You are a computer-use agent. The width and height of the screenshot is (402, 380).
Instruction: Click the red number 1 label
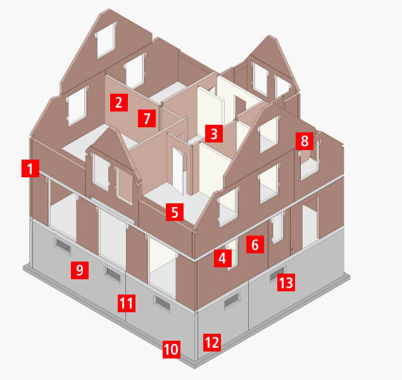point(30,168)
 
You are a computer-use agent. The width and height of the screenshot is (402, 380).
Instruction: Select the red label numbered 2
point(119,103)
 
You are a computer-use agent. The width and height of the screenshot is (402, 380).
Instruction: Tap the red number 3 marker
point(214,134)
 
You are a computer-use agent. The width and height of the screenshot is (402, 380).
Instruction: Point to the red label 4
point(223,258)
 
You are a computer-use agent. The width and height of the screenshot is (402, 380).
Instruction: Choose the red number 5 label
point(175,212)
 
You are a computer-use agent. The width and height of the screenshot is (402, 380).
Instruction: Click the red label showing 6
point(255,244)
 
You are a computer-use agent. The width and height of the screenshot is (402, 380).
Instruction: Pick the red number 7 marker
point(147,118)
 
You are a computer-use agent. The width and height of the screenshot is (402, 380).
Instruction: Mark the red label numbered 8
point(305,141)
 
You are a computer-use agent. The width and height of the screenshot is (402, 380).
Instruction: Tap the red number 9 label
point(80,270)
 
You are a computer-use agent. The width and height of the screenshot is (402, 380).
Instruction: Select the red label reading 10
point(172,349)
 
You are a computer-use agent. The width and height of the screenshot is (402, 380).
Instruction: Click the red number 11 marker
point(127,303)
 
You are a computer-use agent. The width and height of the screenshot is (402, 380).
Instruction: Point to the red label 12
point(212,342)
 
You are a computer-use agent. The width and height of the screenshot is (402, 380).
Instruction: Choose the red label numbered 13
point(286,282)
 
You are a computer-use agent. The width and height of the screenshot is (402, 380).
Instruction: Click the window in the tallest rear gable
point(106,41)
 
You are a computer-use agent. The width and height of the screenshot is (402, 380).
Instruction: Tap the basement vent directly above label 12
point(232,299)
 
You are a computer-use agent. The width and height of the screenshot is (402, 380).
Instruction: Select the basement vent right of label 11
point(162,303)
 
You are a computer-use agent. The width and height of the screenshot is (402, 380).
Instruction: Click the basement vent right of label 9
point(112,274)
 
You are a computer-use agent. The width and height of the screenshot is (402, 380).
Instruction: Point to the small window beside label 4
point(233,253)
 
